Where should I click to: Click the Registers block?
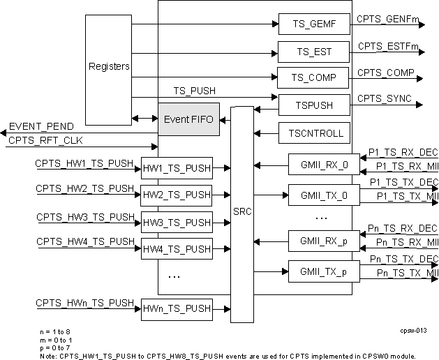pyautogui.click(x=108, y=67)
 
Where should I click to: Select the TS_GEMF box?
pyautogui.click(x=313, y=24)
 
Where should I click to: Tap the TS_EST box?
pyautogui.click(x=313, y=52)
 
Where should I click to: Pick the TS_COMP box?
pyautogui.click(x=313, y=78)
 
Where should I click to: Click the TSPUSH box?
pyautogui.click(x=313, y=105)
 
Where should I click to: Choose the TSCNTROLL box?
pyautogui.click(x=313, y=133)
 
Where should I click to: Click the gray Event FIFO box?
pyautogui.click(x=188, y=119)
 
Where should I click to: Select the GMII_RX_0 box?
pyautogui.click(x=318, y=165)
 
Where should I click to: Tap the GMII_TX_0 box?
pyautogui.click(x=318, y=195)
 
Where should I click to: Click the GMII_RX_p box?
pyautogui.click(x=318, y=241)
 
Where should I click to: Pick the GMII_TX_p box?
pyautogui.click(x=318, y=271)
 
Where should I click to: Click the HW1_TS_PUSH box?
pyautogui.click(x=177, y=168)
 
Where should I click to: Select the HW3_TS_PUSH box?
pyautogui.click(x=177, y=223)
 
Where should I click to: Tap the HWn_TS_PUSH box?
pyautogui.click(x=177, y=308)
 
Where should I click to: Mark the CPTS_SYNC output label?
pyautogui.click(x=384, y=98)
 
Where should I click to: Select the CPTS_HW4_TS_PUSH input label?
pyautogui.click(x=84, y=241)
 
